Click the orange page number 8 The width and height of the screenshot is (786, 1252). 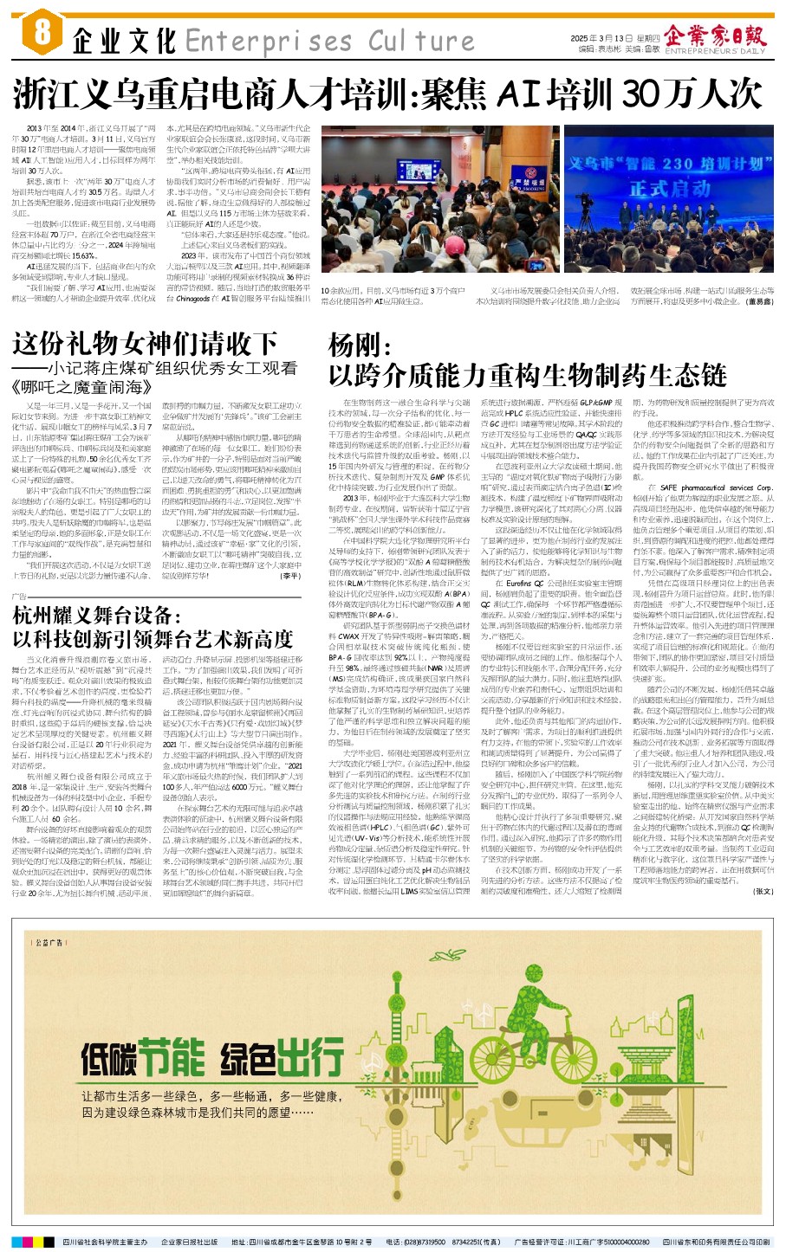(42, 34)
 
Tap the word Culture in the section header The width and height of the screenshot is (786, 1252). (421, 40)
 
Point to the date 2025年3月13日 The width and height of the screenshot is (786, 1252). (597, 39)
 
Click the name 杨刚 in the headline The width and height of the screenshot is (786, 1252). (355, 346)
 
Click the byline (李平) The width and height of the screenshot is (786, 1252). (289, 576)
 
